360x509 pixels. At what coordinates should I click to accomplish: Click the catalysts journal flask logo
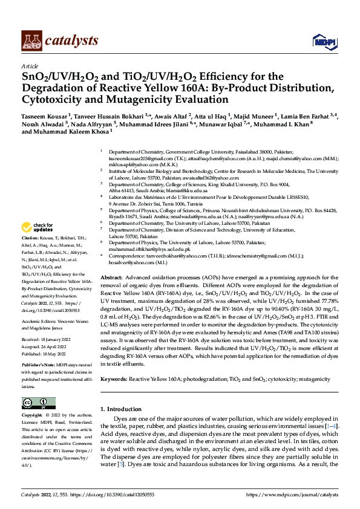(31, 41)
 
